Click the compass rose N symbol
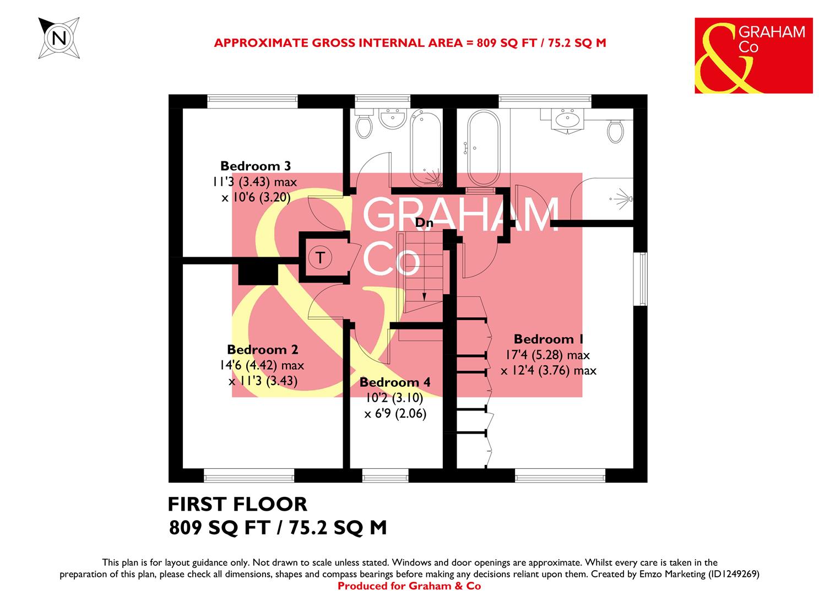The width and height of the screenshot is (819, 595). (59, 37)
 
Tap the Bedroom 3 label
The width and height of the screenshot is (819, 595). (255, 166)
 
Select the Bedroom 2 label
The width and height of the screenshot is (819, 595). (262, 349)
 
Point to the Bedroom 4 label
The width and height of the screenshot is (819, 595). (394, 382)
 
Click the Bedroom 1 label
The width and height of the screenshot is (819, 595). (549, 339)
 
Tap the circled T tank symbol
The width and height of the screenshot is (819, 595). (320, 257)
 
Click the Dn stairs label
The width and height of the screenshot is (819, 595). (424, 223)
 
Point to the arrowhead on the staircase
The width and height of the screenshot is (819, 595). (424, 296)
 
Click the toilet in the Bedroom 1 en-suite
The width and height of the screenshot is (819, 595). (615, 131)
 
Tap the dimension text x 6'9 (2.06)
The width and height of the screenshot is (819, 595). (395, 414)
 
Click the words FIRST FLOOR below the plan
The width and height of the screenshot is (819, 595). (237, 504)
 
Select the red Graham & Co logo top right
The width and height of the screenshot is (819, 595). (753, 56)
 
